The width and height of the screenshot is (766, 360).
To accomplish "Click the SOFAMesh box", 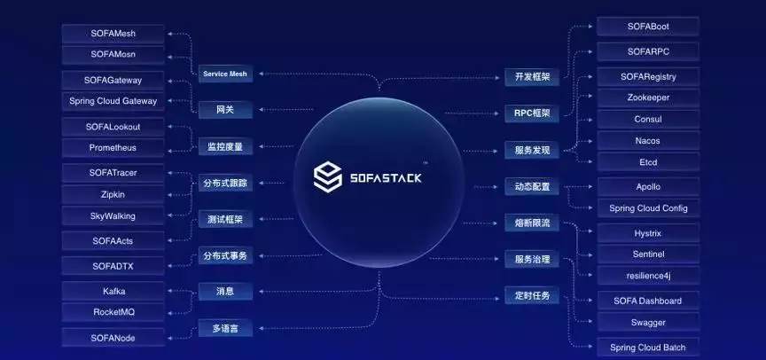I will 113,34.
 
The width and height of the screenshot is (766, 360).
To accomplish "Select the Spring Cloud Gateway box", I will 113,102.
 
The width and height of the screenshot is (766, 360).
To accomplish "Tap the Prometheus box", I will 113,147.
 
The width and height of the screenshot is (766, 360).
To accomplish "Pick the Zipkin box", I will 113,194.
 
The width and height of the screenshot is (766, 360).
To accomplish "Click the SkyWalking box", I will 113,216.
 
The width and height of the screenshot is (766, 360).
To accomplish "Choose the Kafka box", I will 113,291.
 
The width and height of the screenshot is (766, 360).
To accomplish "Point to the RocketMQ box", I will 113,312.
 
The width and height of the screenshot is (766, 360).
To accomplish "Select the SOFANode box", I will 113,338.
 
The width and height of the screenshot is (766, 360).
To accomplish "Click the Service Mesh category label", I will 225,74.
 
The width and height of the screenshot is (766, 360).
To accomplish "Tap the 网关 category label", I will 225,111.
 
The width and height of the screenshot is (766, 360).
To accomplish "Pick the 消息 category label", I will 225,291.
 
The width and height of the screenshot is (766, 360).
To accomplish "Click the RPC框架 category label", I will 532,113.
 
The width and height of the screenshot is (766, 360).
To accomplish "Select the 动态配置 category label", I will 532,187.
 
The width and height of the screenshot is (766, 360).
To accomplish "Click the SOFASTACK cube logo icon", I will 328,176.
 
